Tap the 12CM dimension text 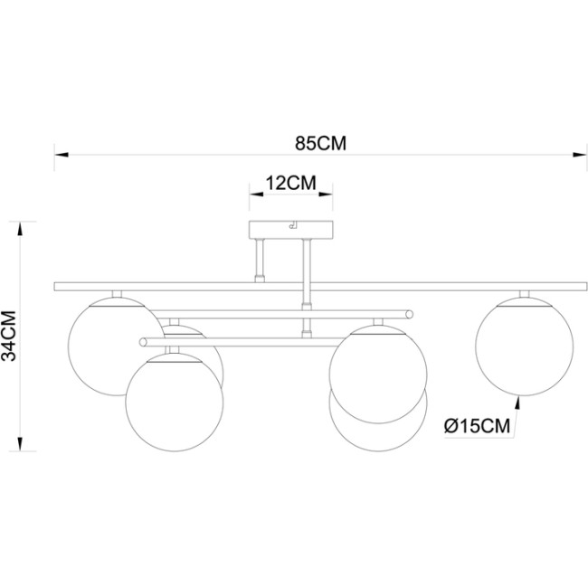(x=289, y=182)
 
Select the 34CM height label (x=11, y=336)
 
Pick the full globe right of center (x=376, y=372)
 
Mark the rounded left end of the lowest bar (x=143, y=342)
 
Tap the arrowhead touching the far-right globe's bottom (x=517, y=399)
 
